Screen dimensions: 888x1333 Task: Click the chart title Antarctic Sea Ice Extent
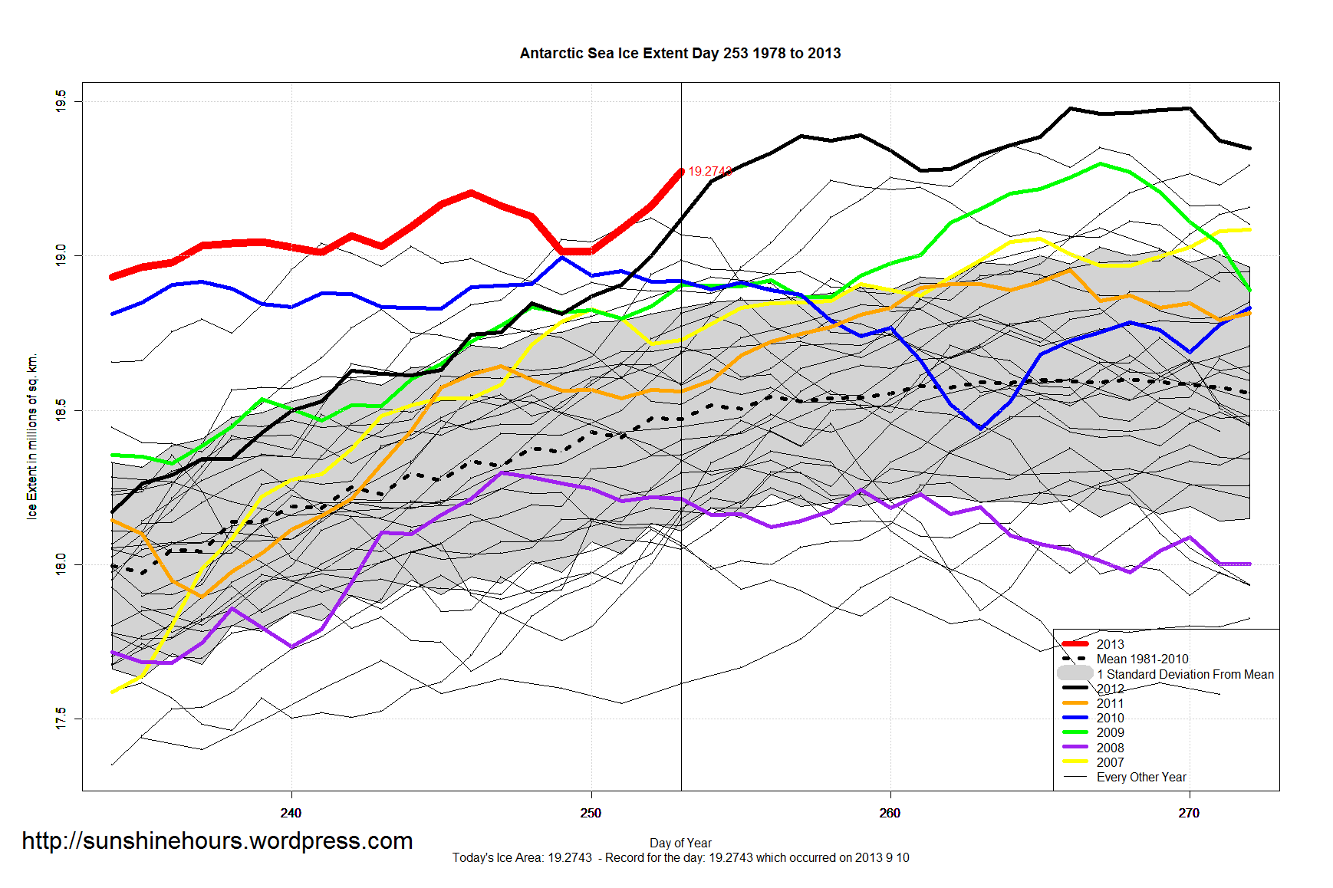pyautogui.click(x=680, y=53)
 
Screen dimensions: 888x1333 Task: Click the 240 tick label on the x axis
pyautogui.click(x=291, y=813)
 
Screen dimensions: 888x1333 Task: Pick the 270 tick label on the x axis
pyautogui.click(x=1189, y=813)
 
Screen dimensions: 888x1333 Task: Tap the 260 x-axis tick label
pyautogui.click(x=890, y=813)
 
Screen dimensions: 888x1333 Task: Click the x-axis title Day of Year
pyautogui.click(x=680, y=843)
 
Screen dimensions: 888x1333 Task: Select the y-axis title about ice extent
pyautogui.click(x=32, y=436)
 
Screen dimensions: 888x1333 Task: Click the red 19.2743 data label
pyautogui.click(x=709, y=171)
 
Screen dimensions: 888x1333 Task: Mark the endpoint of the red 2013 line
pyautogui.click(x=680, y=172)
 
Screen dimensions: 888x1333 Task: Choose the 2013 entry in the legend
pyautogui.click(x=1110, y=644)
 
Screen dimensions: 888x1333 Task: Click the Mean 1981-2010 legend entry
pyautogui.click(x=1142, y=659)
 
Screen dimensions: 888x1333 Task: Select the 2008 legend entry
pyautogui.click(x=1110, y=748)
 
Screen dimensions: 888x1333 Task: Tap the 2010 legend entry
pyautogui.click(x=1110, y=718)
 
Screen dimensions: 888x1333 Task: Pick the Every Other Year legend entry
pyautogui.click(x=1141, y=777)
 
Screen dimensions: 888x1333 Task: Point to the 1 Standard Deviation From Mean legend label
pyautogui.click(x=1185, y=674)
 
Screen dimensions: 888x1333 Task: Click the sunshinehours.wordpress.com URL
pyautogui.click(x=217, y=840)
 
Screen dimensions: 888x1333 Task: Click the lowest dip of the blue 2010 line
pyautogui.click(x=980, y=428)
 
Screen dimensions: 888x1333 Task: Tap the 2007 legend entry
pyautogui.click(x=1110, y=762)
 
